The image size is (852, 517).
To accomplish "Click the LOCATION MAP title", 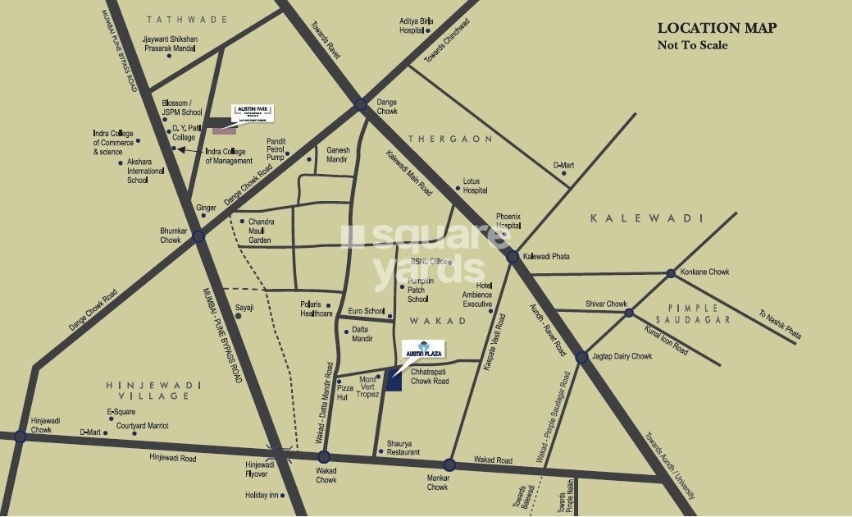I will click(x=717, y=28).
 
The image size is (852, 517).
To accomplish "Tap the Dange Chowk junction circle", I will click(x=361, y=104).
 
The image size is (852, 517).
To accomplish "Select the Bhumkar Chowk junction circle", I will click(x=198, y=236).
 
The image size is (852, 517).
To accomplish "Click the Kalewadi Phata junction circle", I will click(x=513, y=257).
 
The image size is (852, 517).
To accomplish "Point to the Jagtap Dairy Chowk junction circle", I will click(x=581, y=357).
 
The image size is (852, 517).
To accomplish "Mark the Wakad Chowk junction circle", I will click(x=324, y=457).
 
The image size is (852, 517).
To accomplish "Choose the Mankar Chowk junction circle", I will click(x=449, y=464).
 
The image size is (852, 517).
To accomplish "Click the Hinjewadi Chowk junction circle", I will click(x=21, y=437).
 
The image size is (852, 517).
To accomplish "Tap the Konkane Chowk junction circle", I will click(x=671, y=273).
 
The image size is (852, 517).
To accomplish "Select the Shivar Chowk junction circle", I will click(x=629, y=313).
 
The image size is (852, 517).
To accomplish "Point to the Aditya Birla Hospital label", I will click(x=416, y=25).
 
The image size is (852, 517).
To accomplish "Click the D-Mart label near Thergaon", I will click(x=563, y=166).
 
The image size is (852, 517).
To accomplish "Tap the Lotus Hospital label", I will click(x=475, y=185).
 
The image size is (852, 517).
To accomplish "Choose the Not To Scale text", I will click(x=692, y=45).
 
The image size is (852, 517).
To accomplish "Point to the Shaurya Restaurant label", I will click(x=403, y=448).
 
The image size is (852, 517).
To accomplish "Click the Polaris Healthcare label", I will click(x=316, y=309).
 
